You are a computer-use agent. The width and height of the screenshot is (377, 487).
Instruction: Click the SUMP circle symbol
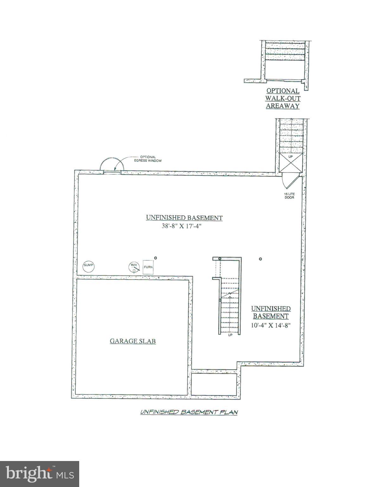(89, 266)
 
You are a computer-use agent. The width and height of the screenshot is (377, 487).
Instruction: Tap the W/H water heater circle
(134, 267)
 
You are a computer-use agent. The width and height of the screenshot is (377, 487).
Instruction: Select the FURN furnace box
(148, 267)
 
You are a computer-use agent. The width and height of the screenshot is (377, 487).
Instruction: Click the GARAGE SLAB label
(133, 341)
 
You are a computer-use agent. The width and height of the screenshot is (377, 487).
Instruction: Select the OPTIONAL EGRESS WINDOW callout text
(150, 159)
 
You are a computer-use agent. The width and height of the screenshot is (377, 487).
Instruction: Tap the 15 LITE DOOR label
(289, 196)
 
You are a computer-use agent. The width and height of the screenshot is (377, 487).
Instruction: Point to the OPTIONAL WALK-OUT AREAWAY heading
(283, 99)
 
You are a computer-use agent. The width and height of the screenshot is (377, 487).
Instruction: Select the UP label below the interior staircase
(230, 335)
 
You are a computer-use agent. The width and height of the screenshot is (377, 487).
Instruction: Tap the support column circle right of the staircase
(260, 259)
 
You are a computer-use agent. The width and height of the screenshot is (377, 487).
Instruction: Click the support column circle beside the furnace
(155, 258)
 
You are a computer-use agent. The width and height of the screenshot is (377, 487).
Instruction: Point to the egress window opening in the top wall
(112, 172)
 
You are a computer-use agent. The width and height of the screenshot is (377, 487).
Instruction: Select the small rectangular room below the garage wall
(214, 384)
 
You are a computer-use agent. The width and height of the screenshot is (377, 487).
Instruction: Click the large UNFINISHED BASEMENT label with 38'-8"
(184, 218)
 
